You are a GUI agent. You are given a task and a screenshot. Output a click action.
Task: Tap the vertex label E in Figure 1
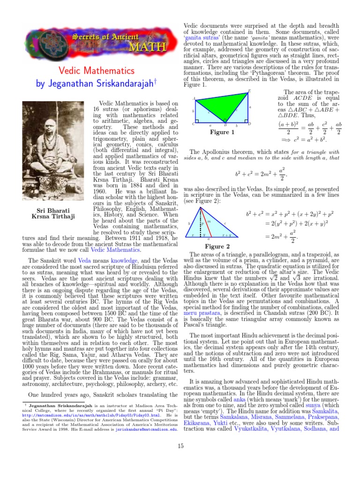248,90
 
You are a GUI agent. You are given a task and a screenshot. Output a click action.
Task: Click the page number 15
180,446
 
